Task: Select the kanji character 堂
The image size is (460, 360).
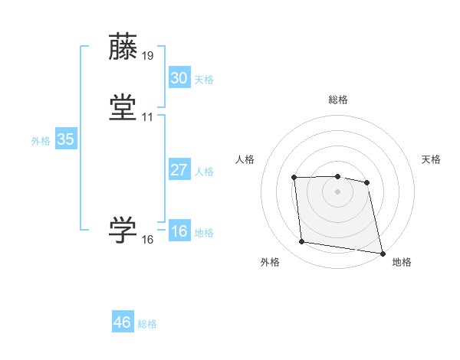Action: [x=123, y=107]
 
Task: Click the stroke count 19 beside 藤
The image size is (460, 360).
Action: [x=147, y=56]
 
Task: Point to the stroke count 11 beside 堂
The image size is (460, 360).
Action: [x=147, y=117]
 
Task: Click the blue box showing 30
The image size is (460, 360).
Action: [x=179, y=77]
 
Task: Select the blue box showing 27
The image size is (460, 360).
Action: [x=179, y=170]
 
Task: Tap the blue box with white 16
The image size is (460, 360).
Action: [x=179, y=231]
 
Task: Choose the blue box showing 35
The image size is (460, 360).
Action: [x=65, y=139]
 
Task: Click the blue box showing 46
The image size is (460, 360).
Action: [x=122, y=322]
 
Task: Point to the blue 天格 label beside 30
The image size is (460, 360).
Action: [x=204, y=79]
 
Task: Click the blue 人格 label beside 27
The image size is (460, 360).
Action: [x=204, y=172]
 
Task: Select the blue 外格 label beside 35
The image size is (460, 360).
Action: [x=41, y=141]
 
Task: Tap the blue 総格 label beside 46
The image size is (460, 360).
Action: [x=147, y=324]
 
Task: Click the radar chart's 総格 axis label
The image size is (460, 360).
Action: [x=338, y=100]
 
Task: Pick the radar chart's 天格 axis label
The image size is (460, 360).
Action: [x=431, y=159]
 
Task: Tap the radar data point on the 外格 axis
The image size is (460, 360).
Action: [x=302, y=242]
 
